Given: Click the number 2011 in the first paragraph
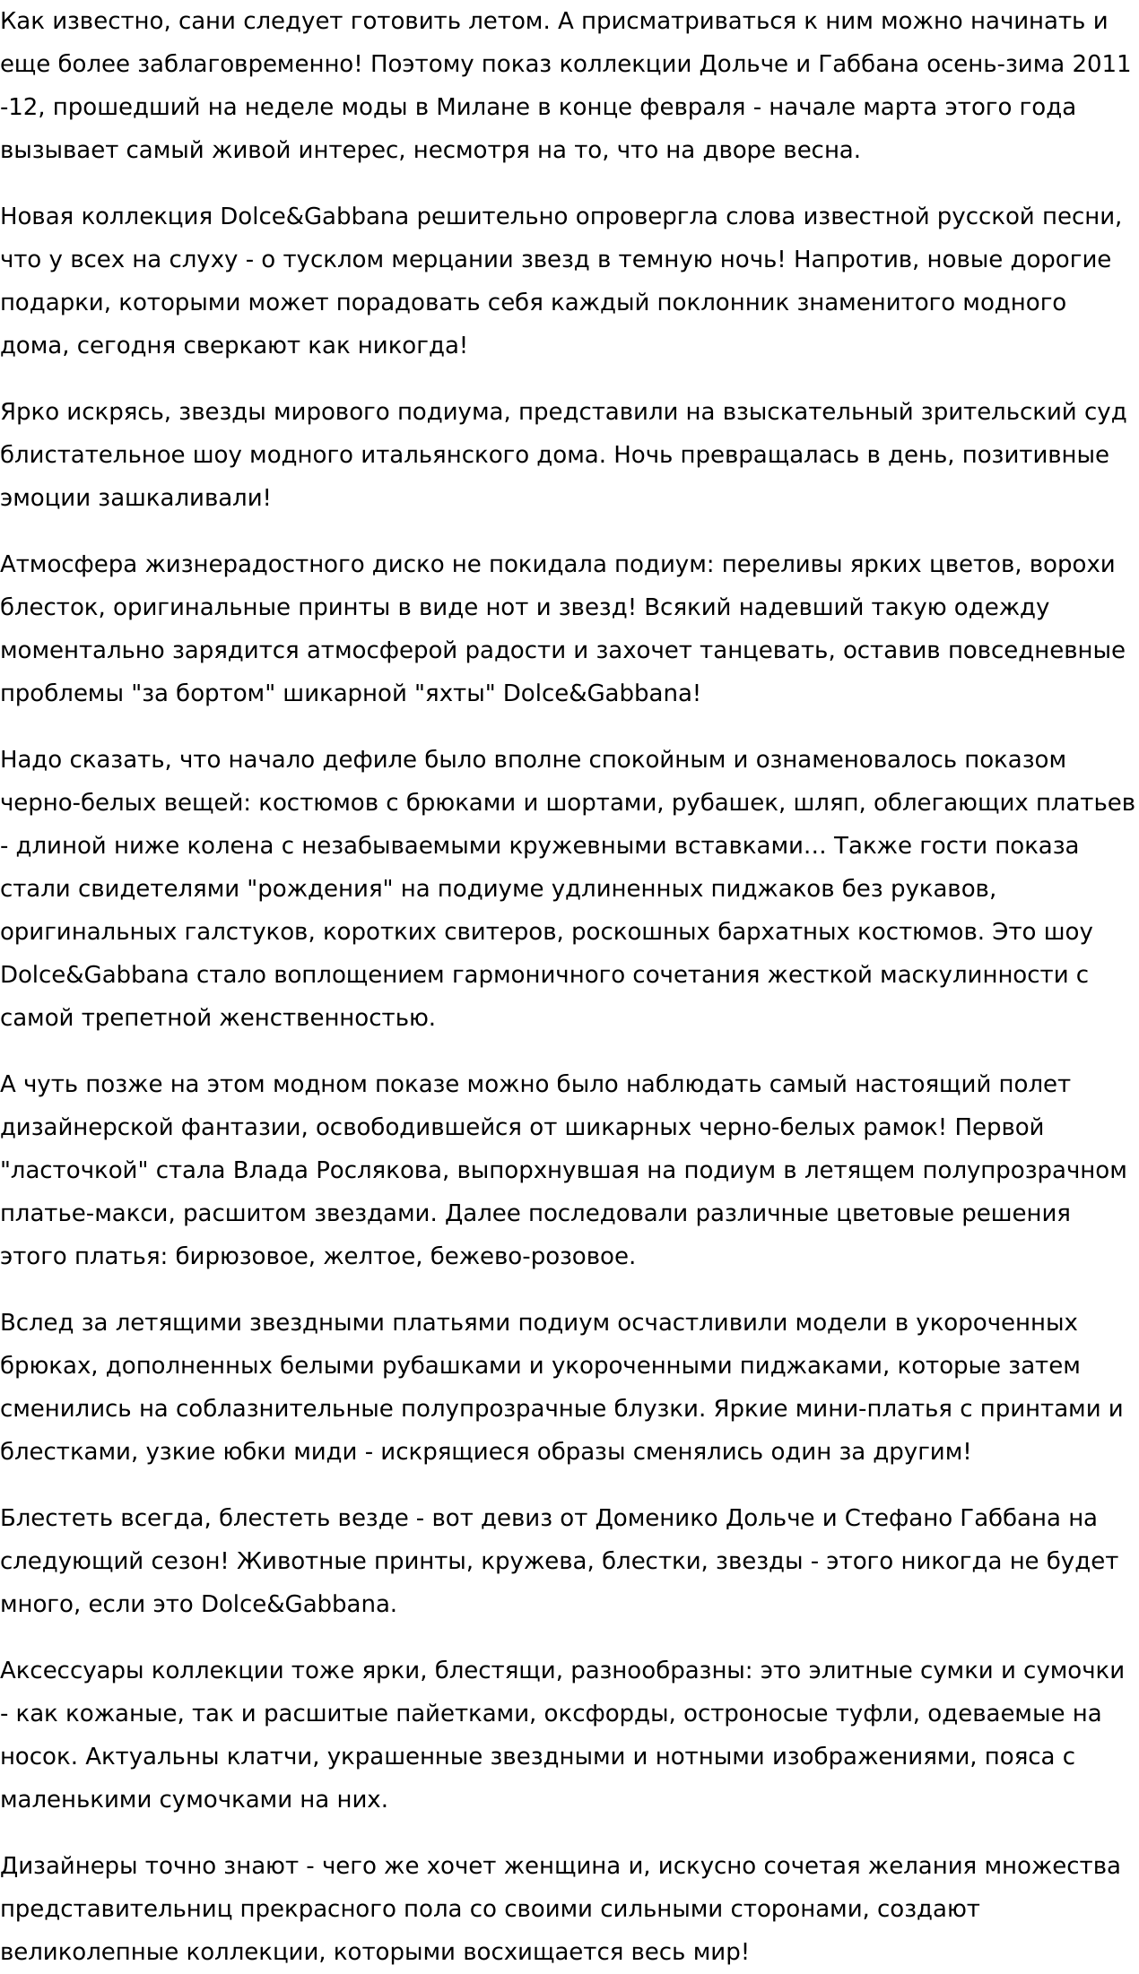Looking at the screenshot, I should (x=1102, y=64).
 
